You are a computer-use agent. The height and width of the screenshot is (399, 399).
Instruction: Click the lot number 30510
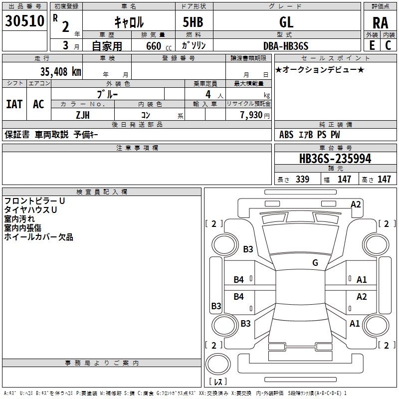click(x=24, y=21)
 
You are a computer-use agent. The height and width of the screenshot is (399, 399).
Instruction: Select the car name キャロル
click(x=128, y=22)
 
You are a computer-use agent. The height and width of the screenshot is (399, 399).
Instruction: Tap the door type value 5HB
click(x=194, y=22)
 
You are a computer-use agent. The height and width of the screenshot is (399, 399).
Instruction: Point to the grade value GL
click(x=286, y=22)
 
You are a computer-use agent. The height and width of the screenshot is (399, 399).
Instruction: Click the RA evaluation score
click(x=380, y=22)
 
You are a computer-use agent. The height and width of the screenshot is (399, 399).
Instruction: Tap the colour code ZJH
click(x=82, y=115)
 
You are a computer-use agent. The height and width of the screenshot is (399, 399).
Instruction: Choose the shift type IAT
click(x=14, y=104)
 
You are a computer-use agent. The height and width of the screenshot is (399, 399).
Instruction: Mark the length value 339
click(x=302, y=180)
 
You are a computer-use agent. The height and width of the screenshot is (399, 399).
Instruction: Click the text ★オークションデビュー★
click(x=320, y=70)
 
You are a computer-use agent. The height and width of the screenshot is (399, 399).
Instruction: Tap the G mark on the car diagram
click(x=315, y=263)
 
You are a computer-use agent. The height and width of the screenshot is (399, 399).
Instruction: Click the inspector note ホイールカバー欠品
click(x=38, y=237)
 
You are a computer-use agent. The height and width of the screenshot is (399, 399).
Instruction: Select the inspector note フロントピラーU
click(x=34, y=201)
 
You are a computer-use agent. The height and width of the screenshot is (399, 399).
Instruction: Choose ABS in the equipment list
click(x=286, y=135)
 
